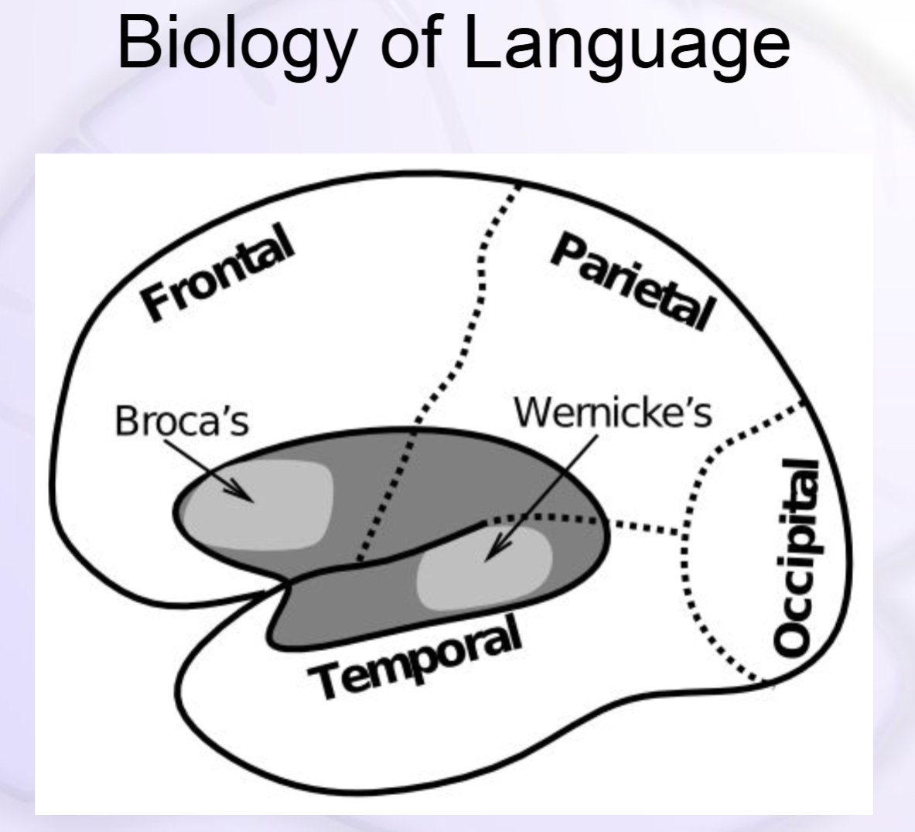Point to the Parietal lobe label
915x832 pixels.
point(630,283)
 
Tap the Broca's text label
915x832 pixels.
point(182,421)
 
